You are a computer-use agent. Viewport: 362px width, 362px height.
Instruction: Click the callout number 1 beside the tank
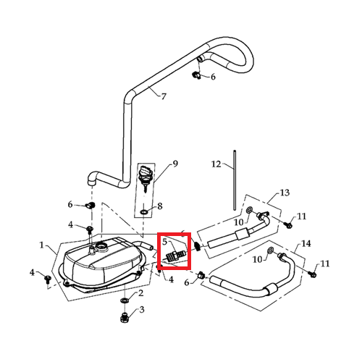click(x=42, y=245)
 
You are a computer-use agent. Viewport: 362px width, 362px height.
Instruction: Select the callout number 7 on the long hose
click(x=164, y=96)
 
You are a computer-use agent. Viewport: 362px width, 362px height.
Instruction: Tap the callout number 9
click(x=175, y=164)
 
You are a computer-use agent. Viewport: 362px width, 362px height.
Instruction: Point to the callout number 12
click(x=216, y=164)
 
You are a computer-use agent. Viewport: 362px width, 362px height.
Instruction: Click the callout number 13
click(x=285, y=193)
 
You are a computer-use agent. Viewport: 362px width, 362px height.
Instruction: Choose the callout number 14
click(x=306, y=243)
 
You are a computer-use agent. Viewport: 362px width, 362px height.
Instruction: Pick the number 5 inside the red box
click(x=165, y=242)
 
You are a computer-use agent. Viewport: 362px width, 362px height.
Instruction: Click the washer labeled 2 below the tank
click(x=124, y=300)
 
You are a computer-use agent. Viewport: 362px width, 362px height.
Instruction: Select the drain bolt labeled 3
click(x=124, y=317)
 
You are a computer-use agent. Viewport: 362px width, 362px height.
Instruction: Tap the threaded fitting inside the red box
click(x=176, y=255)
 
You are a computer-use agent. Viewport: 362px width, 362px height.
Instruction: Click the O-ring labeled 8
click(x=144, y=212)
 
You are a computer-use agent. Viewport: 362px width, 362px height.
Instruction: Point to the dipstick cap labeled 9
click(x=145, y=176)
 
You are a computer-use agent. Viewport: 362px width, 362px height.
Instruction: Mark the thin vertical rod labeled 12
click(x=235, y=180)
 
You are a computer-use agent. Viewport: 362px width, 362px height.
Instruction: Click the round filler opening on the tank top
click(x=101, y=246)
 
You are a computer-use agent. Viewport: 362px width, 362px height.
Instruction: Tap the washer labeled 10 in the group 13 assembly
click(x=249, y=210)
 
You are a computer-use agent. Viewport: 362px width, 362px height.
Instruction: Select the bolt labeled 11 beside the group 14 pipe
click(x=313, y=274)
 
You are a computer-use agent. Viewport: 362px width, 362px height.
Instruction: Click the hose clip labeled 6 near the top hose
click(x=196, y=75)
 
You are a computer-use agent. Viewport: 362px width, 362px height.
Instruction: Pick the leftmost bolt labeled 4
click(x=47, y=279)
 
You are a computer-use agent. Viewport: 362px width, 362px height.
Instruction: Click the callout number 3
click(x=142, y=309)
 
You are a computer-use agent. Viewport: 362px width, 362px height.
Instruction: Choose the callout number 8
click(x=160, y=206)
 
